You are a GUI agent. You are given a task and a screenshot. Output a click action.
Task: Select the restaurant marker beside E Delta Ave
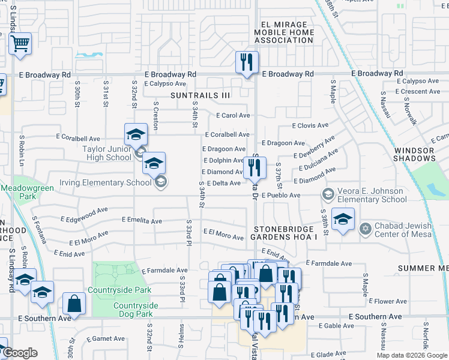(x=254, y=169)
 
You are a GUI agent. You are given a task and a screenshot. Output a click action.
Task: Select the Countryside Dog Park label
(x=136, y=310)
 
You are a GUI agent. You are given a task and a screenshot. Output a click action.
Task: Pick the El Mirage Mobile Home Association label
(x=284, y=32)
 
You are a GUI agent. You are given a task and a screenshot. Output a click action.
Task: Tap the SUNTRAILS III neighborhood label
(x=200, y=95)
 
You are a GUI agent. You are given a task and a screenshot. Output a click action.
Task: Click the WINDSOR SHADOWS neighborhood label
(x=414, y=154)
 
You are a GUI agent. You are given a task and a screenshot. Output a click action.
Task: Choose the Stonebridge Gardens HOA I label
(x=285, y=233)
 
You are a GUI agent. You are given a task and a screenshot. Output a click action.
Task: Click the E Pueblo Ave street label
(x=281, y=196)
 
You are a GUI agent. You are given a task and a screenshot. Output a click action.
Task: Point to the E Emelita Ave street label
(x=142, y=221)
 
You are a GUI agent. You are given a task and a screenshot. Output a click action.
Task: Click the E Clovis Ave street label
(x=310, y=126)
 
